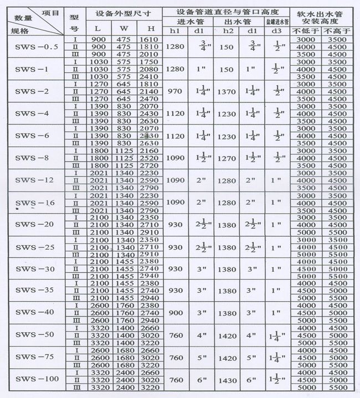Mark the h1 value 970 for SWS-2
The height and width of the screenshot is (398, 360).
(176, 91)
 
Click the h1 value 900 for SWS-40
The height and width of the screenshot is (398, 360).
(176, 313)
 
